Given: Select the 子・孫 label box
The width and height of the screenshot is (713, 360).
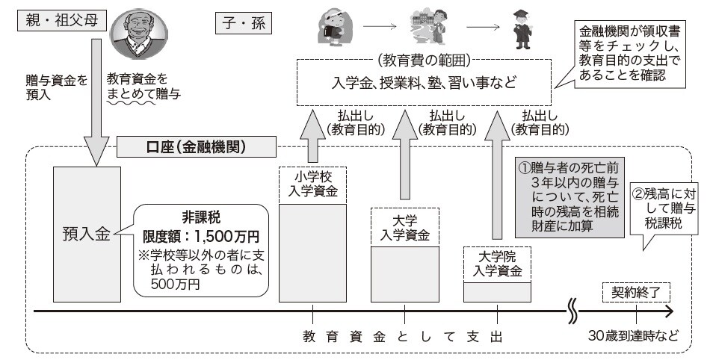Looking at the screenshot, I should [242, 24].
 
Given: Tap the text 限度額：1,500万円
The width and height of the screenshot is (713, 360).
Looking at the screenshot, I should [201, 236].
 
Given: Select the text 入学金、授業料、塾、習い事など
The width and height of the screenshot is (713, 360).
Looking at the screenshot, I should [425, 82].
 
